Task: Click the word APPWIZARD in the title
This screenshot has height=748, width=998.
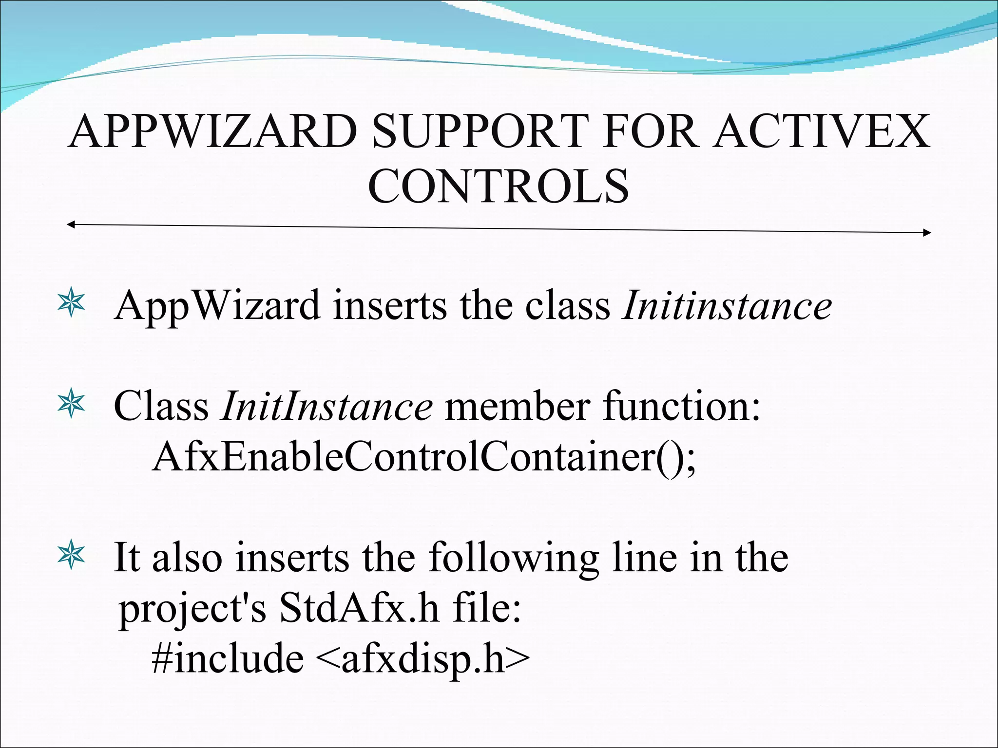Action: pyautogui.click(x=213, y=131)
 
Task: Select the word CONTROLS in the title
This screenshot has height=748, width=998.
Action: pyautogui.click(x=498, y=186)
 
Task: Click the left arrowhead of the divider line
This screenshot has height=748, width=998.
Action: pyautogui.click(x=71, y=224)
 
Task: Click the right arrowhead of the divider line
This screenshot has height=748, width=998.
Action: pyautogui.click(x=927, y=233)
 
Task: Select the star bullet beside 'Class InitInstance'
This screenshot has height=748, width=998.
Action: pyautogui.click(x=71, y=404)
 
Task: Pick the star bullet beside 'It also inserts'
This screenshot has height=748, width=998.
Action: pyautogui.click(x=71, y=555)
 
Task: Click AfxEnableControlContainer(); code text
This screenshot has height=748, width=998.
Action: pyautogui.click(x=424, y=458)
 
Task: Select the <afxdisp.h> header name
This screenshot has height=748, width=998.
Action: pyautogui.click(x=422, y=659)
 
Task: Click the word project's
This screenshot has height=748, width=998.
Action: pyautogui.click(x=192, y=610)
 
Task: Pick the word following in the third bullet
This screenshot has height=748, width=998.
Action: pyautogui.click(x=514, y=559)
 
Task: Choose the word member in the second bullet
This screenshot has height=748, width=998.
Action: pyautogui.click(x=517, y=406)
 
